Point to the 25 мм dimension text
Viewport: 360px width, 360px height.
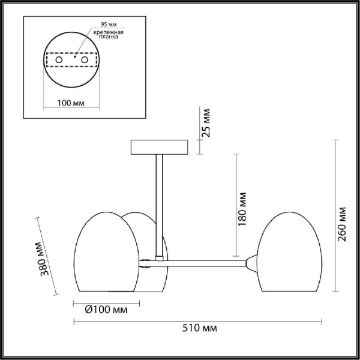coord(205,123)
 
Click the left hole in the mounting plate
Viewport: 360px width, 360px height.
coord(59,61)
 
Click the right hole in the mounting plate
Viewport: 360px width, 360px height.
coord(85,61)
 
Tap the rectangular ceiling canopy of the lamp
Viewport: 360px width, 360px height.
coord(159,147)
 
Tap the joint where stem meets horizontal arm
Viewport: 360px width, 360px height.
coord(159,259)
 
